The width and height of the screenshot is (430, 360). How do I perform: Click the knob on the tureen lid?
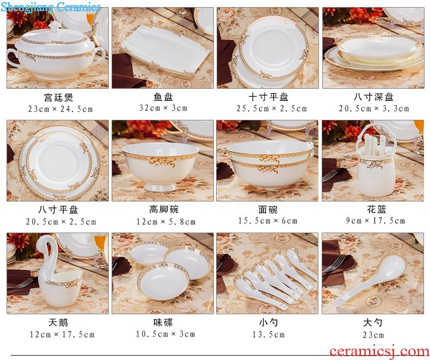(56, 26)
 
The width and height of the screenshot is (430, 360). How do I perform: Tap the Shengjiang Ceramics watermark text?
(51, 7)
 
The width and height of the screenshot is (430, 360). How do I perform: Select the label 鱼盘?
(163, 97)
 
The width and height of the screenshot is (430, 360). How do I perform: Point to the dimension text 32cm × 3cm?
(163, 108)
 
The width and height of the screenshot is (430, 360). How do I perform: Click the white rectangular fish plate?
(164, 50)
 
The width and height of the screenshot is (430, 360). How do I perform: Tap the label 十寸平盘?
(268, 97)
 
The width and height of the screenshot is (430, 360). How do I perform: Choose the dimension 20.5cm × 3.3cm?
(374, 109)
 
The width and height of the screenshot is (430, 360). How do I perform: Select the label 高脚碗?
(164, 209)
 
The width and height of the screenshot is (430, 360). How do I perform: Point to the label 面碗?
(268, 210)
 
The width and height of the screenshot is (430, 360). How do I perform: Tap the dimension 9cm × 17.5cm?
(375, 221)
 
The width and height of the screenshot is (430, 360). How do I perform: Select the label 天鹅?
(58, 322)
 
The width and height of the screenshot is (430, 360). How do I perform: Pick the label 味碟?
(163, 322)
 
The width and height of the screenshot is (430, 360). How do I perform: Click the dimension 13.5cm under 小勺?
(268, 334)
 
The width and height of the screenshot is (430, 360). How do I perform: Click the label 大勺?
(373, 322)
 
